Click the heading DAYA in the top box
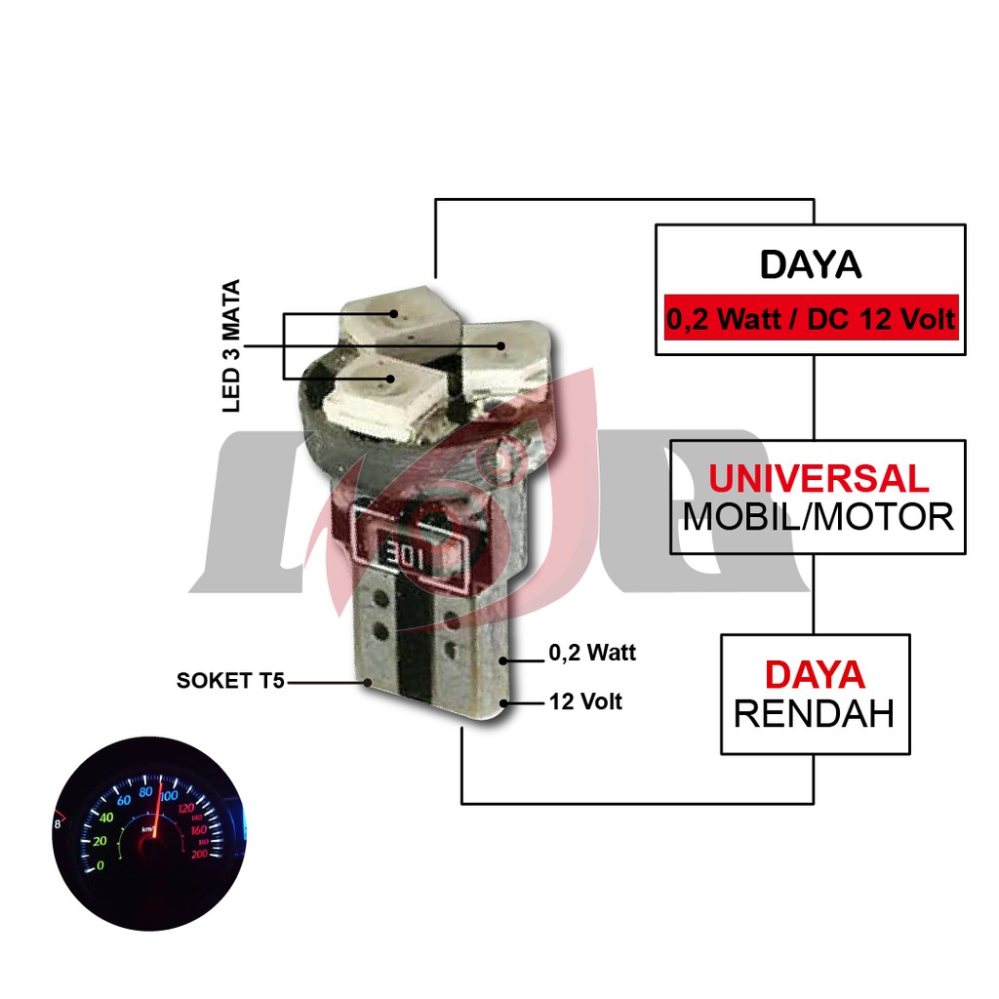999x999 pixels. tap(811, 265)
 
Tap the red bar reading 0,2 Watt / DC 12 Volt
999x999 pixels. tap(811, 318)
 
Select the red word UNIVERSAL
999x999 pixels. tap(819, 478)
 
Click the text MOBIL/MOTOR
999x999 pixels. tap(818, 517)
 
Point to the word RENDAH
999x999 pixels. tap(814, 714)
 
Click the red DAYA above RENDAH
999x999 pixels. tap(814, 674)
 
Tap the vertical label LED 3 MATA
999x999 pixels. tap(232, 346)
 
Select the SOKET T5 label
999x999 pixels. tap(230, 681)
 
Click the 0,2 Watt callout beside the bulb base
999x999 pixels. tap(592, 653)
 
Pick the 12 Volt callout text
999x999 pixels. tap(585, 701)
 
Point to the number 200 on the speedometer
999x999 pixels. tap(200, 855)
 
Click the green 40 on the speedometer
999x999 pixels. tap(106, 817)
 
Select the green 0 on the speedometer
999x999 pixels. tap(100, 865)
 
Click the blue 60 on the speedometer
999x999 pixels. tap(124, 801)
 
